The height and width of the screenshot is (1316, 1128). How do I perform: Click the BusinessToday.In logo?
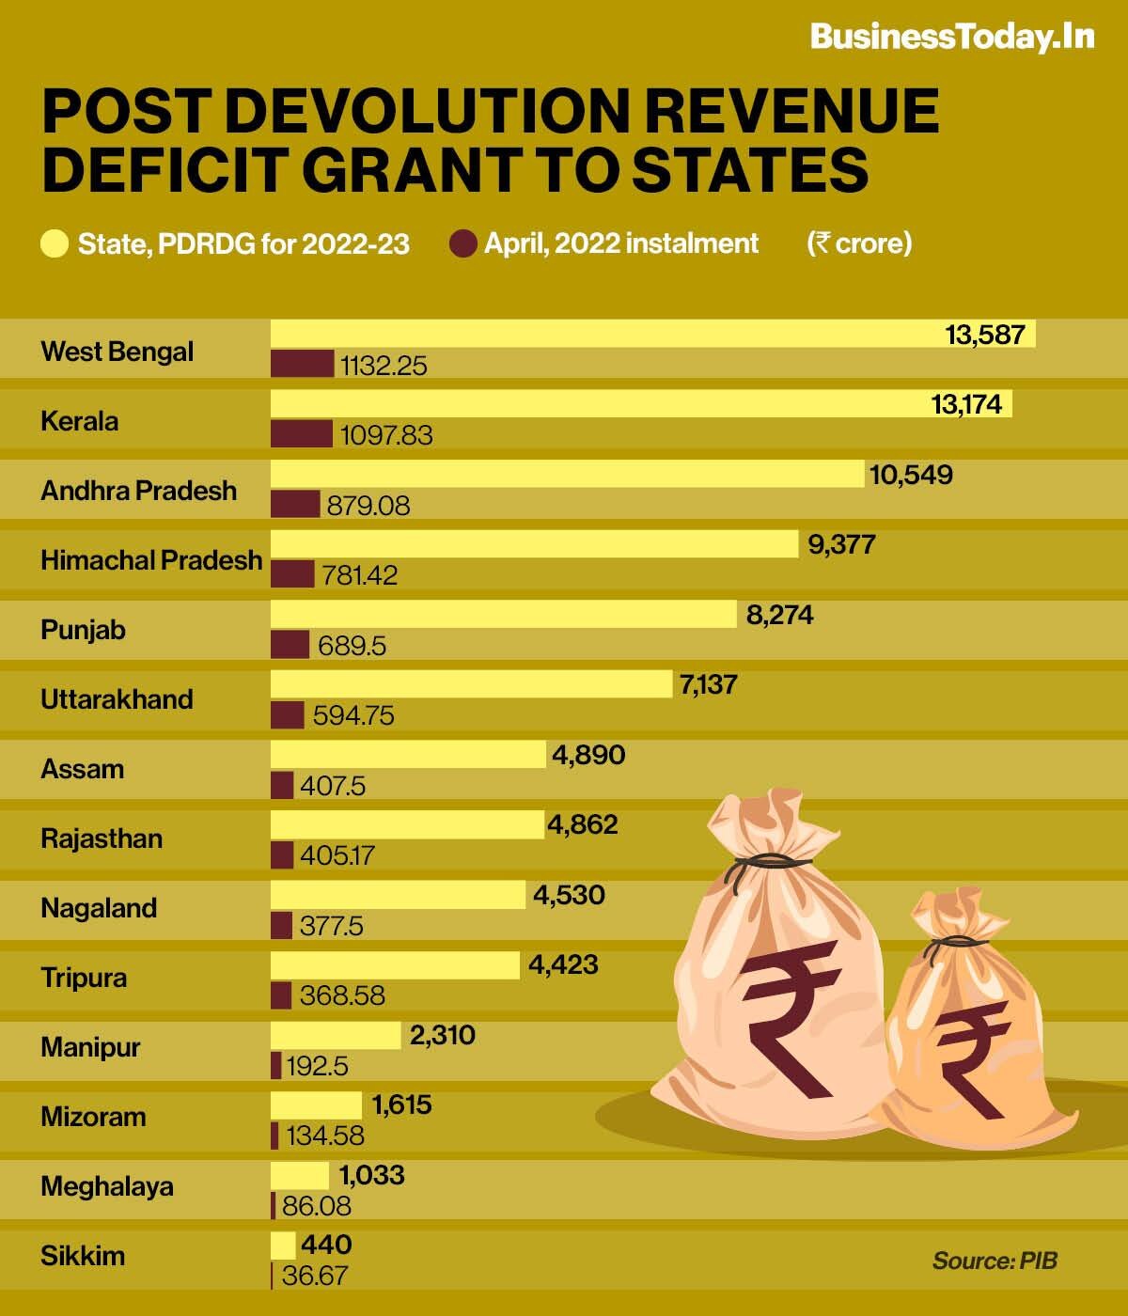[x=951, y=37]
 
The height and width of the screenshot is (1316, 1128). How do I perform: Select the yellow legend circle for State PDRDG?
[x=55, y=244]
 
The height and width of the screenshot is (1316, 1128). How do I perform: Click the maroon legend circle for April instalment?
[x=462, y=244]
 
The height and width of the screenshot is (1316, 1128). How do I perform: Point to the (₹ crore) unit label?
[x=859, y=243]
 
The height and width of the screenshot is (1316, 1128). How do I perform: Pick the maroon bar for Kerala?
[x=301, y=434]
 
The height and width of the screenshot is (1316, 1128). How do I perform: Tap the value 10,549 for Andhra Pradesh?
[x=911, y=475]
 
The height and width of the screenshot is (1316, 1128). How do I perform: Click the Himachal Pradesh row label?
[x=151, y=560]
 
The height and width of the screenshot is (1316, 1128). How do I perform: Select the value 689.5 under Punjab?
[x=352, y=646]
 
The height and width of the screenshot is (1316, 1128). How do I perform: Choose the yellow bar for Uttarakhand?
[x=471, y=684]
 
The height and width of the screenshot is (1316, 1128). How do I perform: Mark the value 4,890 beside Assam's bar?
[x=588, y=755]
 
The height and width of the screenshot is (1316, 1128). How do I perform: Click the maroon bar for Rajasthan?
[x=282, y=855]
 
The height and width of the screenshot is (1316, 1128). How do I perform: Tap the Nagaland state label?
[x=99, y=908]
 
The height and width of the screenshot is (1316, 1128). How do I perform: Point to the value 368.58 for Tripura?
[x=342, y=995]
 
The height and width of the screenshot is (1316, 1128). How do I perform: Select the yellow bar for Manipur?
[x=336, y=1036]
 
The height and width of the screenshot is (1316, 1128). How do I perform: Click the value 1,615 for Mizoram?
[x=402, y=1104]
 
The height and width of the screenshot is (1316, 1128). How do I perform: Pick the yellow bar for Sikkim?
[x=283, y=1245]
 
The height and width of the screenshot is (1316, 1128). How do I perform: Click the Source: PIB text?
[x=995, y=1261]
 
